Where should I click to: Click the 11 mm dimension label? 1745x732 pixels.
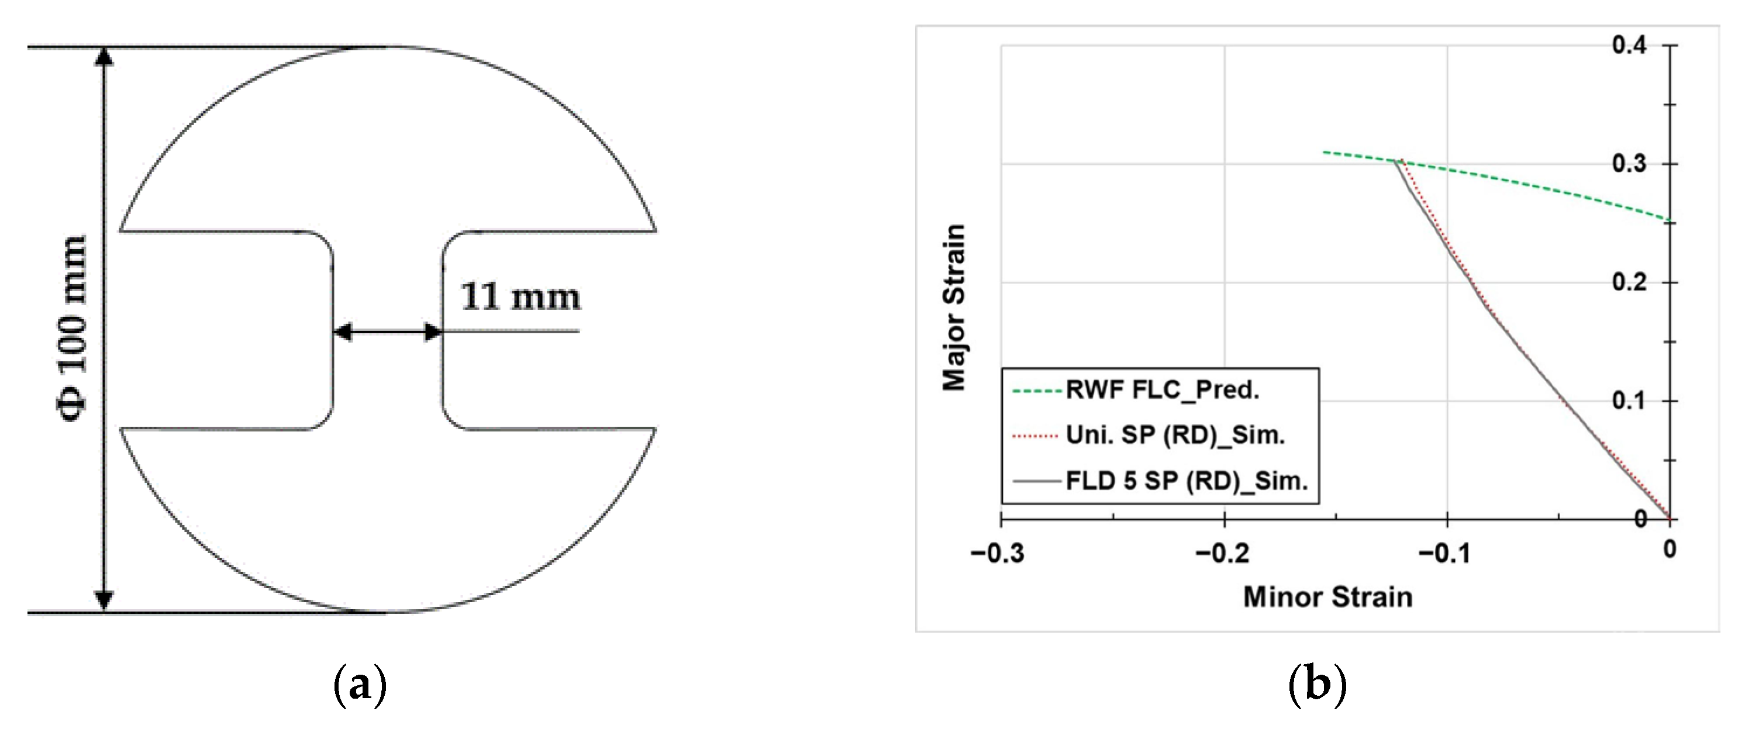point(520,297)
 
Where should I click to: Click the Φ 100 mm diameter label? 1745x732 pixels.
point(73,329)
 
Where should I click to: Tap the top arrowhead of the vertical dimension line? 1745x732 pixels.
point(104,57)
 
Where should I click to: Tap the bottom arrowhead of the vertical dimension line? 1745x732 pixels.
point(104,600)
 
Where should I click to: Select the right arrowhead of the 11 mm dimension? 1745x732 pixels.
point(433,332)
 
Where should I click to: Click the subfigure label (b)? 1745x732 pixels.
point(1317,685)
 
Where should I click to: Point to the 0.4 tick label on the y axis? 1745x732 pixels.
point(1629,46)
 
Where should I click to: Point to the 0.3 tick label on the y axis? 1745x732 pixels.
point(1629,164)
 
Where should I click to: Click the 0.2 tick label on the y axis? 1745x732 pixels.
point(1629,282)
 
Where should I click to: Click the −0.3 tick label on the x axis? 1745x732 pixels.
point(997,554)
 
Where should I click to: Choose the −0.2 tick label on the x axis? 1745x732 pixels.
point(1222,554)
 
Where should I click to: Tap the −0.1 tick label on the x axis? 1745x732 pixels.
point(1444,554)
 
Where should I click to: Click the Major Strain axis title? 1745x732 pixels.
point(954,308)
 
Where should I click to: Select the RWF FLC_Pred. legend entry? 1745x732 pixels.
point(1162,390)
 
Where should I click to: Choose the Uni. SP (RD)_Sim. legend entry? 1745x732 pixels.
point(1175,435)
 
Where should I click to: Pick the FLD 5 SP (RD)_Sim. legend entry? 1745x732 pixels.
point(1186,481)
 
